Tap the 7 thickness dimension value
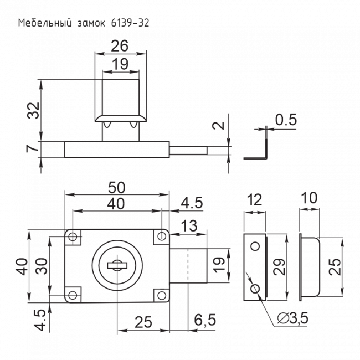click(34, 149)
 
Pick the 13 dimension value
click(188, 226)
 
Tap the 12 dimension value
click(255, 200)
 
